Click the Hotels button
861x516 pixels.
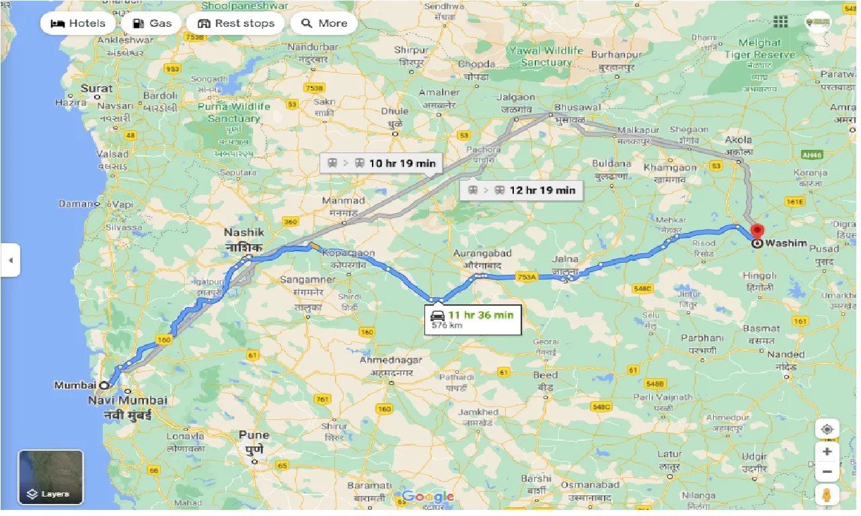(79, 24)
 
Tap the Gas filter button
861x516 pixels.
(152, 24)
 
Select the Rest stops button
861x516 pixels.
(235, 24)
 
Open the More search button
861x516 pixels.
(324, 24)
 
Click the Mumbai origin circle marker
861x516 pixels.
(104, 386)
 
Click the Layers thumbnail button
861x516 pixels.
(51, 477)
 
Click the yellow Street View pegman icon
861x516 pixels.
(827, 495)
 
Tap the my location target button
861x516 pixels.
(827, 429)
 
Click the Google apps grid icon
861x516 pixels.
(780, 22)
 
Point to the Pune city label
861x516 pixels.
(254, 435)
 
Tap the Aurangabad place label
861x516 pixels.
(482, 254)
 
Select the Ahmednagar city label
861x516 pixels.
(391, 360)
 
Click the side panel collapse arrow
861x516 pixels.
(10, 259)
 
